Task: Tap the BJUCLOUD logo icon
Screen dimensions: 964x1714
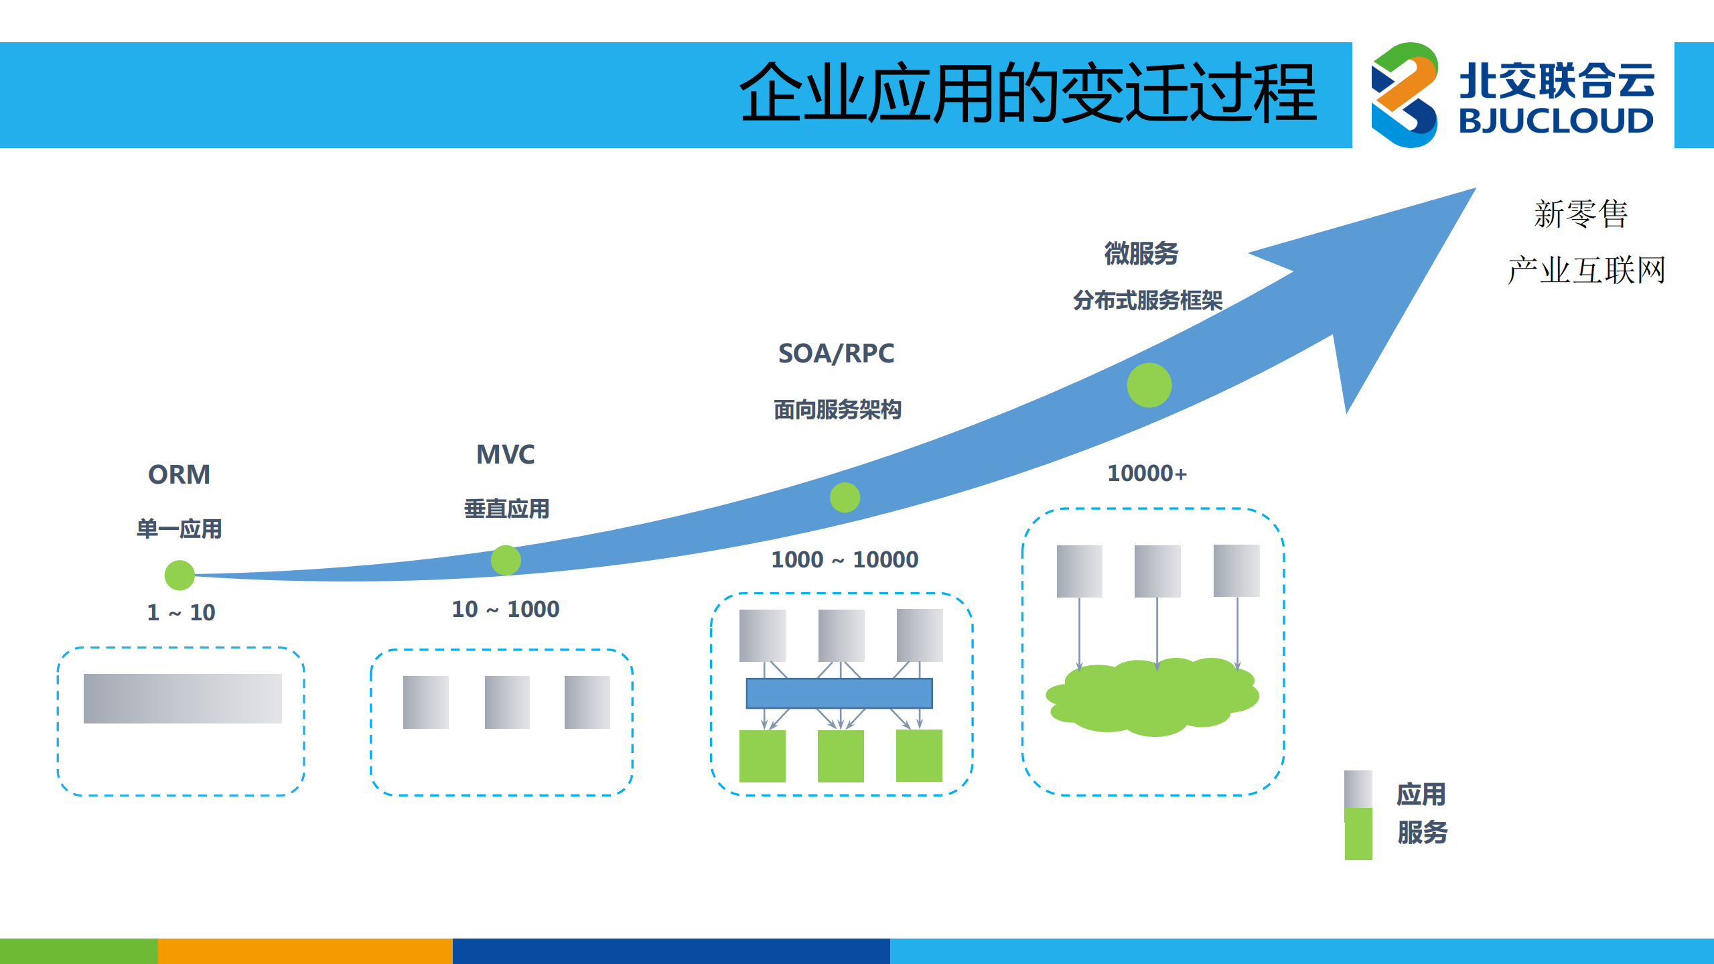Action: tap(1404, 95)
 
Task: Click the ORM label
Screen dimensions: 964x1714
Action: tap(179, 475)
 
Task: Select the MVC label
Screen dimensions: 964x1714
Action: tap(505, 455)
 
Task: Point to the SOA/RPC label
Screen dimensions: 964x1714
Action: tap(836, 354)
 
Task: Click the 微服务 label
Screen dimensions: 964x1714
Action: tap(1141, 254)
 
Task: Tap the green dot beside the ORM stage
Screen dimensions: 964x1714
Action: tap(180, 575)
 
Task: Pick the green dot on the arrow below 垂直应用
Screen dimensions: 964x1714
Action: tap(506, 560)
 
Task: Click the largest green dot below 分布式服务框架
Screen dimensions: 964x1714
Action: tap(1149, 385)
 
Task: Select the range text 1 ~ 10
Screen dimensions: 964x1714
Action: tap(181, 612)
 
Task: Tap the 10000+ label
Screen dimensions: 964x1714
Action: tap(1147, 474)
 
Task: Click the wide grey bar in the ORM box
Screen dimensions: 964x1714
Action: tap(182, 698)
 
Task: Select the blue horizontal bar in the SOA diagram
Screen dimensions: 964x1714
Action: tap(839, 693)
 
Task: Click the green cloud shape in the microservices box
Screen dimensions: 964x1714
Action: tap(1152, 697)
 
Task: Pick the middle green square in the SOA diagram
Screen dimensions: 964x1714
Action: tap(841, 756)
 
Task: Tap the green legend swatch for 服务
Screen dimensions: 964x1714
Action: tap(1358, 834)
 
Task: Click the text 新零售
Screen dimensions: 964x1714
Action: tap(1580, 214)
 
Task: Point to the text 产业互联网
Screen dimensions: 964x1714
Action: tap(1585, 271)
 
